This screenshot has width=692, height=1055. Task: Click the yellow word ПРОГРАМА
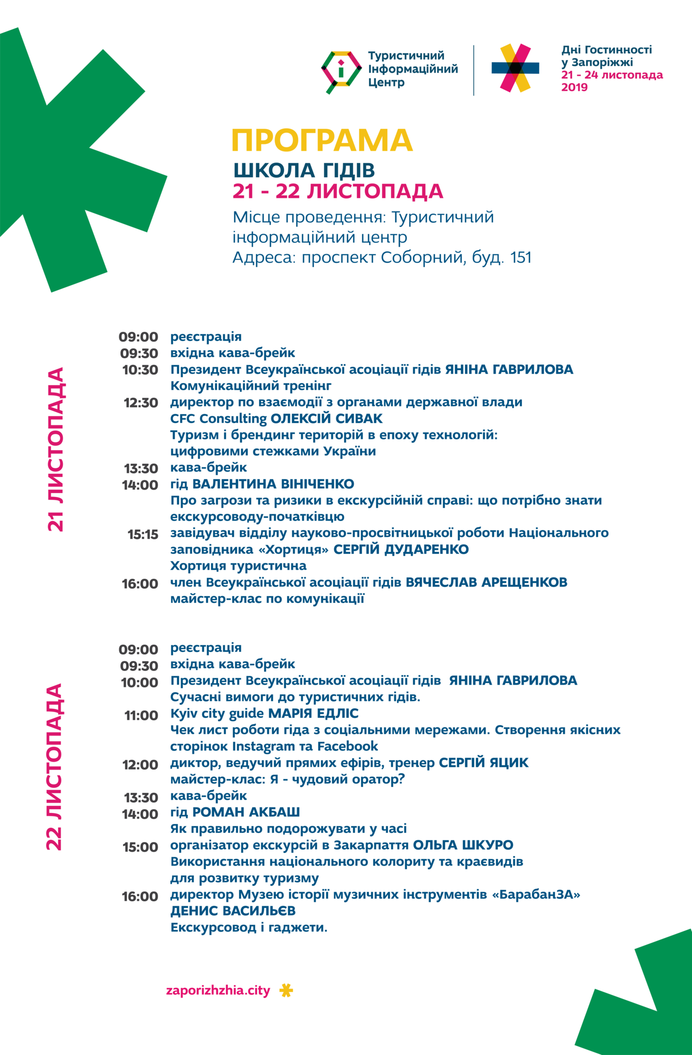pos(321,141)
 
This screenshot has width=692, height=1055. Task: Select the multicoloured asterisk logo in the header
pos(515,68)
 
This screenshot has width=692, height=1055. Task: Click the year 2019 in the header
pos(574,88)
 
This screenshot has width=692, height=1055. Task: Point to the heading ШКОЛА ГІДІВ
pos(304,170)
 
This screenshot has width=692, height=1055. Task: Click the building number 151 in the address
pos(521,258)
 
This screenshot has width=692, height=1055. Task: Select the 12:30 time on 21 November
pos(141,403)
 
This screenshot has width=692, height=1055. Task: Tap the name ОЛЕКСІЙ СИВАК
pos(327,419)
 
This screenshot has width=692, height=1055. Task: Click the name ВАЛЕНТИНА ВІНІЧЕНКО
pos(273,484)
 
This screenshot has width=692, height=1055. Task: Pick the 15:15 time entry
pos(143,535)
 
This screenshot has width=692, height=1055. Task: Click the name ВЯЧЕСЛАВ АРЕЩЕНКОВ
pos(486,582)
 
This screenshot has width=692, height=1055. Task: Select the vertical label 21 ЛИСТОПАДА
pos(56,449)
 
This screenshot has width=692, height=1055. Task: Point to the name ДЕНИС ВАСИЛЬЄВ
pos(233,911)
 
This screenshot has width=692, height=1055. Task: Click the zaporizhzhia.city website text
pos(218,991)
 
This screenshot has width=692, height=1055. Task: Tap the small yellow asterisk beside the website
pos(286,991)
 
